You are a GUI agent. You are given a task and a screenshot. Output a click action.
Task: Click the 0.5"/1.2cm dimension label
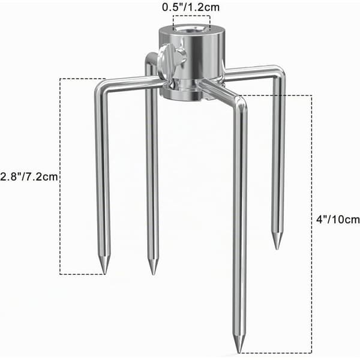[191, 7]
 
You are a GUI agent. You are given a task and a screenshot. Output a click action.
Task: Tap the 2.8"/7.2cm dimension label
[29, 176]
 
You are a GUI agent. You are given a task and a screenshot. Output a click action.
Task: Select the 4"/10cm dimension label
[338, 220]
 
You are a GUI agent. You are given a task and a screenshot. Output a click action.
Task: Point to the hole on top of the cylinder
[191, 29]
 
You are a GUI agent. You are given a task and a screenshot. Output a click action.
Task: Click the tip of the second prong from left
[153, 274]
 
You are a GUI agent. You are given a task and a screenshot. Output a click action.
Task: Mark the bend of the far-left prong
[100, 87]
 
